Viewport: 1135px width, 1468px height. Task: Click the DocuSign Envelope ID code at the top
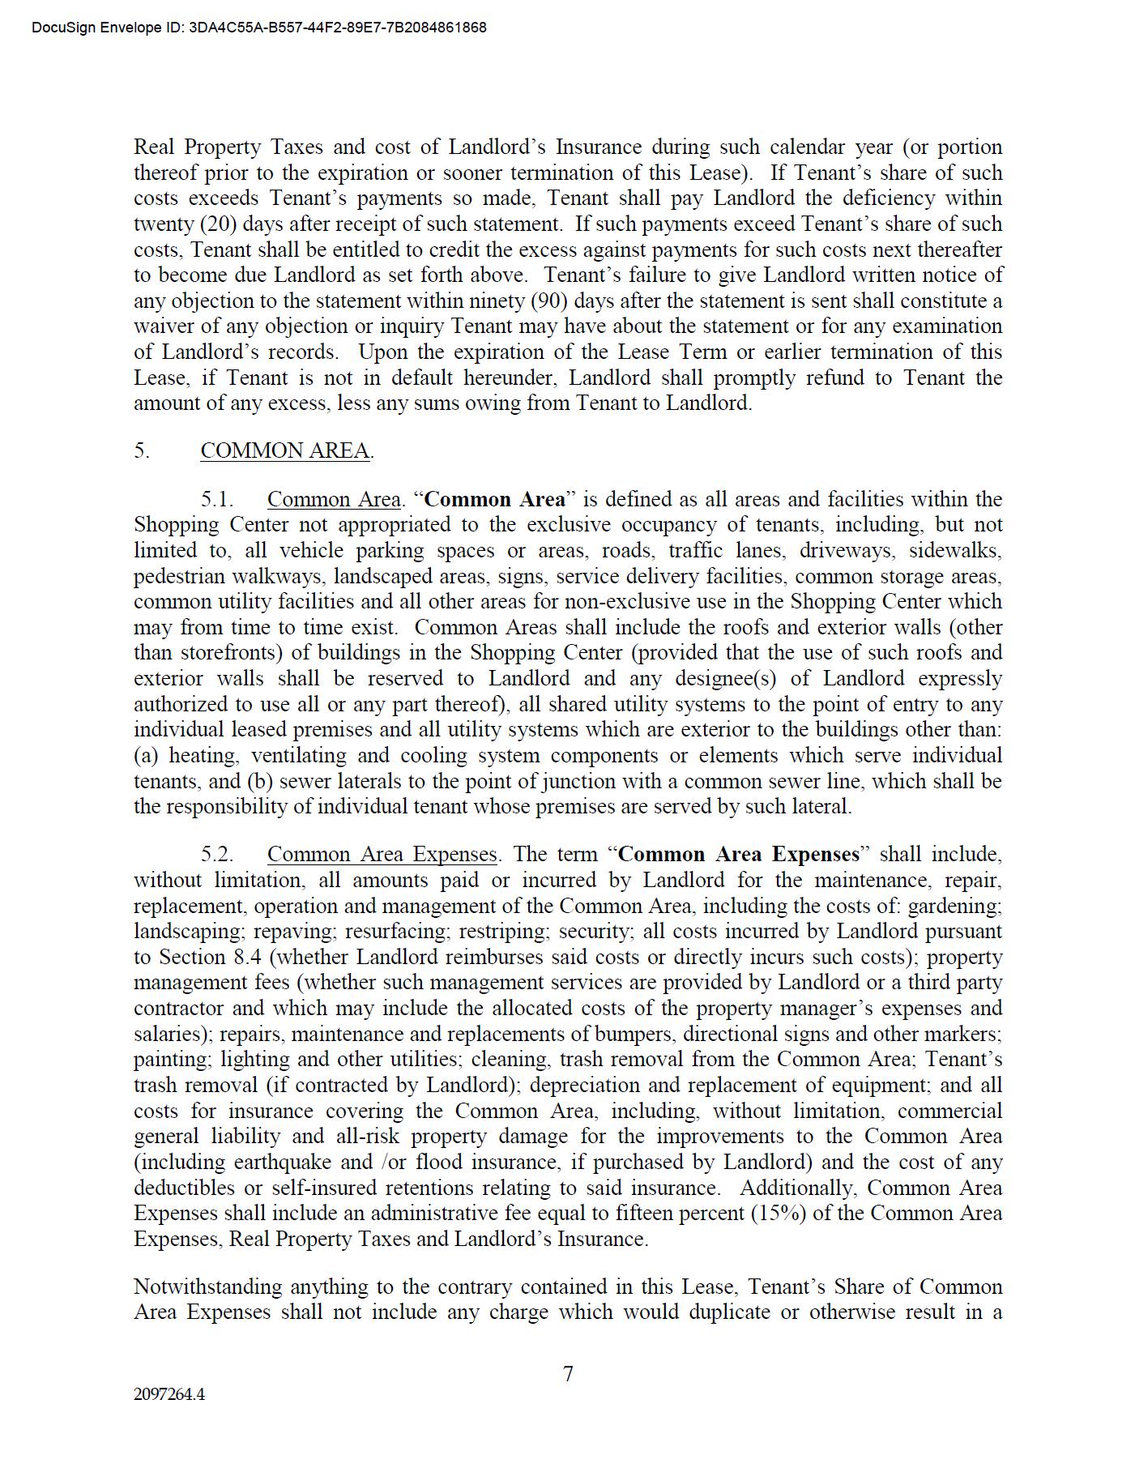338,28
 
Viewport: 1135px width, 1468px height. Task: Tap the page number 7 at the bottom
568,1374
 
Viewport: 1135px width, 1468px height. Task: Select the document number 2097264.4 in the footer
169,1394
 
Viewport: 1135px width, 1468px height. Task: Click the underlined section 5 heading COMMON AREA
285,450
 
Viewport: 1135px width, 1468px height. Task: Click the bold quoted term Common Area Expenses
738,855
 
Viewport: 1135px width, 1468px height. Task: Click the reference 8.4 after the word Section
246,957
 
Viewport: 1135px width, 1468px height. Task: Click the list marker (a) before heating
147,756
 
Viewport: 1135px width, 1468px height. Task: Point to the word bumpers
636,1034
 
